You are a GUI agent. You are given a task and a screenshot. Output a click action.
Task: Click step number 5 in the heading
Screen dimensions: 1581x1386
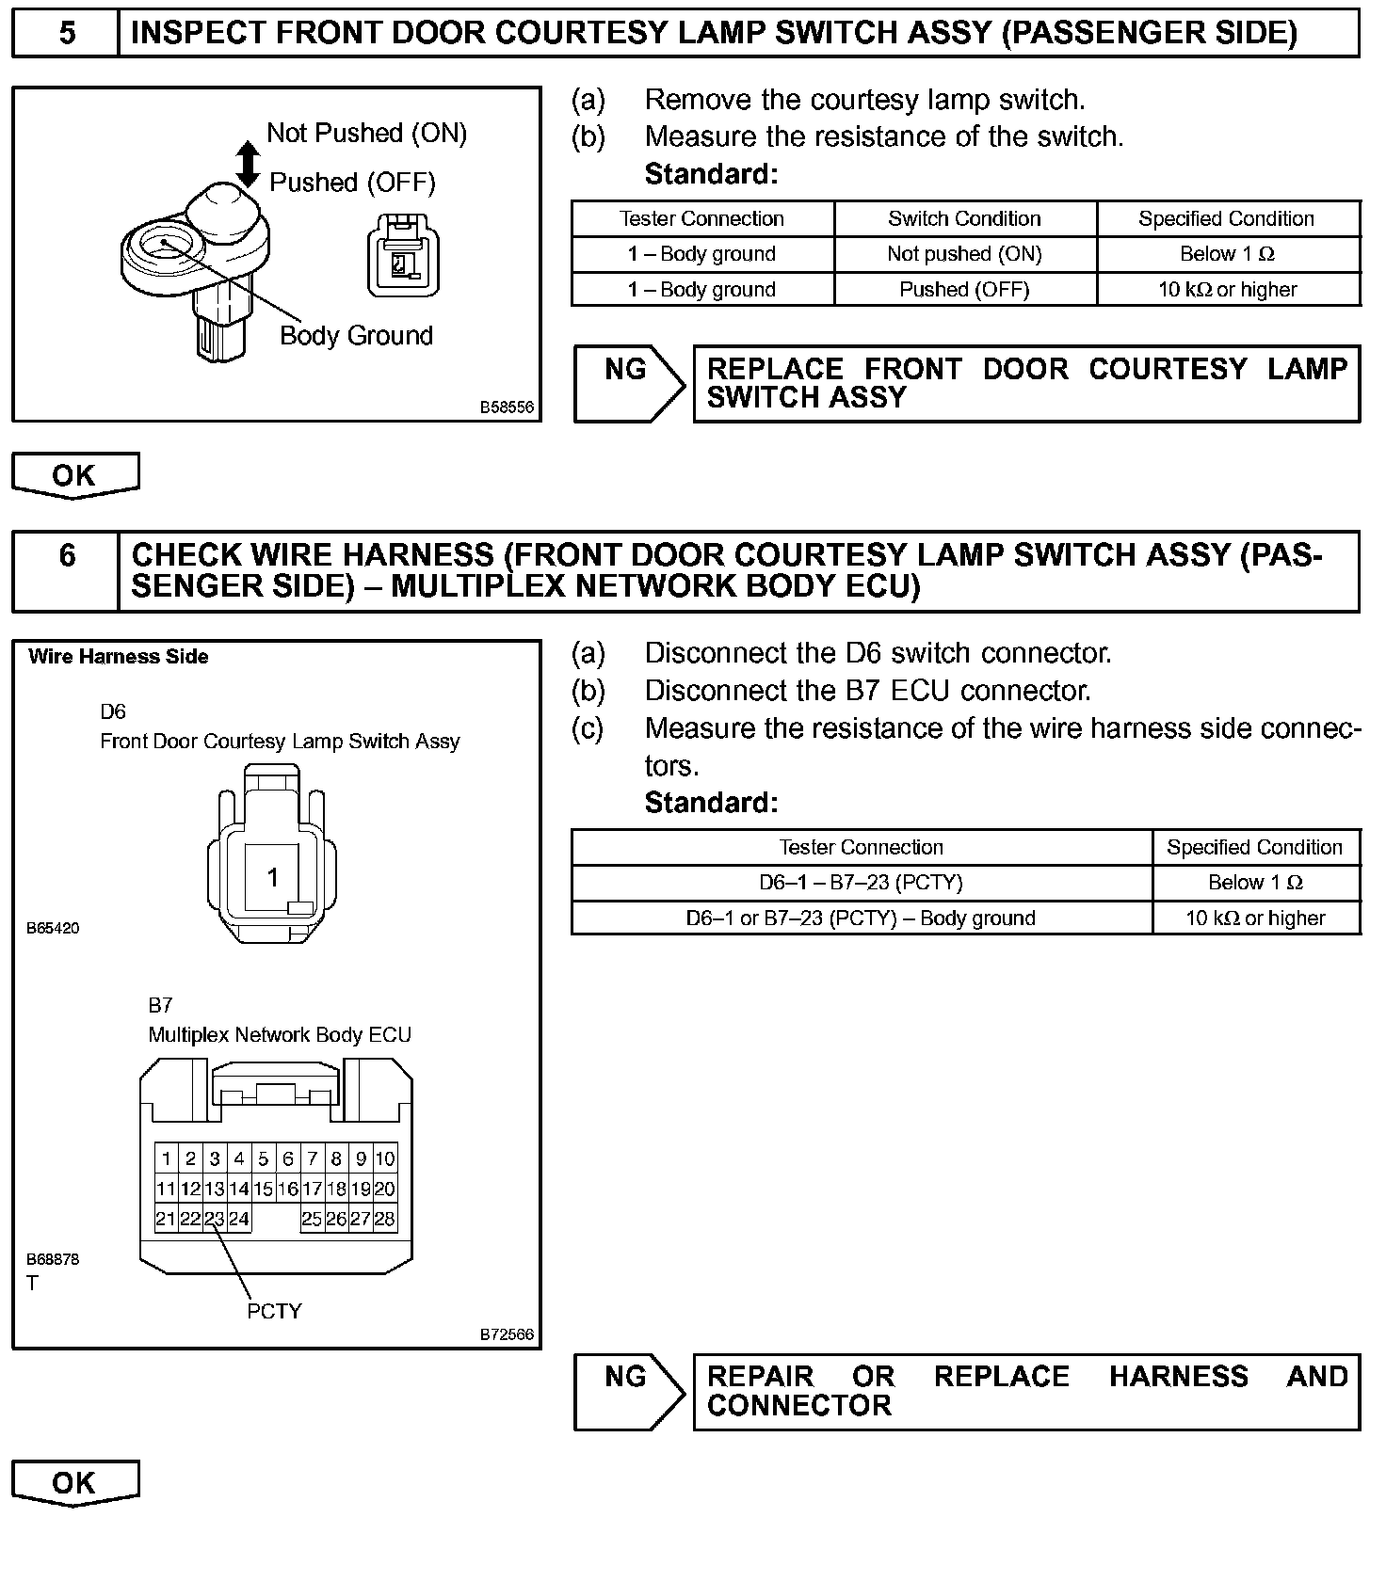pos(66,34)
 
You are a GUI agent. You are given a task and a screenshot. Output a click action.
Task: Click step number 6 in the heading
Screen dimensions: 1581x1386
pos(66,555)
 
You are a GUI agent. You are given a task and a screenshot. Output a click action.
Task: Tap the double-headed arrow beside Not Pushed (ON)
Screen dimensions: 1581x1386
pos(248,164)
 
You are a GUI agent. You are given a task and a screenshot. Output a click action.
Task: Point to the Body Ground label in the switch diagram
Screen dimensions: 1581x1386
pos(356,336)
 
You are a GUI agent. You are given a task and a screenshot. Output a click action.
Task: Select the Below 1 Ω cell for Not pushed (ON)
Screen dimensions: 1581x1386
pos(1228,254)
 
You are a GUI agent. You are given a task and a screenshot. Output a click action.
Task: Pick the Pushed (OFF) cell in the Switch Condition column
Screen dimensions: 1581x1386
pos(964,290)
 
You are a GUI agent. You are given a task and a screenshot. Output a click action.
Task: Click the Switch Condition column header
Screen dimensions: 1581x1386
pos(964,219)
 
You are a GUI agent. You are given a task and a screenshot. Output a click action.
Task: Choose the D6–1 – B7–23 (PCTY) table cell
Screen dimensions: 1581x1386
pos(861,883)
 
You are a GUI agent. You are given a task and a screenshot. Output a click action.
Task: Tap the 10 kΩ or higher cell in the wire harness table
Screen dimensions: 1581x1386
pos(1255,918)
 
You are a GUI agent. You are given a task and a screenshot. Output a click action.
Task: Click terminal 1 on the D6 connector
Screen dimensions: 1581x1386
pos(272,878)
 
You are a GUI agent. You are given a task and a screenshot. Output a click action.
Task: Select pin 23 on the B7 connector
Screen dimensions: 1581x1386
pos(215,1219)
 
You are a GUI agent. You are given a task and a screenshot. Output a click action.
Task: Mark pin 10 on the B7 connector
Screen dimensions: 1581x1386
pos(385,1158)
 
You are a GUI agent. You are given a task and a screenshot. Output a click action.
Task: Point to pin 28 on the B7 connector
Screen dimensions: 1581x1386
pos(385,1219)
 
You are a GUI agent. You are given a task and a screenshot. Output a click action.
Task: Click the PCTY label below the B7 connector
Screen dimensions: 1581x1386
pos(274,1311)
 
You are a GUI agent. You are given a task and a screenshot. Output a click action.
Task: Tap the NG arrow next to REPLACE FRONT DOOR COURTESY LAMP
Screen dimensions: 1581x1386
pos(628,383)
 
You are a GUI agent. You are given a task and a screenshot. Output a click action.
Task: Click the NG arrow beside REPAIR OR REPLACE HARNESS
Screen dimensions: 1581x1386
pos(628,1391)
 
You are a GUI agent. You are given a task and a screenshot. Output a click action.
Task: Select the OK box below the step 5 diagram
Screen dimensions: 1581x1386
pos(74,475)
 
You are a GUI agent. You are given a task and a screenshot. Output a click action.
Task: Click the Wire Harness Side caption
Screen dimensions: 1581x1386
pos(119,657)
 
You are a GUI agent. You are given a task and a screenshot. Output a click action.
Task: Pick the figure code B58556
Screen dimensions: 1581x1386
pos(507,407)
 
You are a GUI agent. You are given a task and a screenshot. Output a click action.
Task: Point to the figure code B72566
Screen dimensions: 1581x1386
pos(507,1334)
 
